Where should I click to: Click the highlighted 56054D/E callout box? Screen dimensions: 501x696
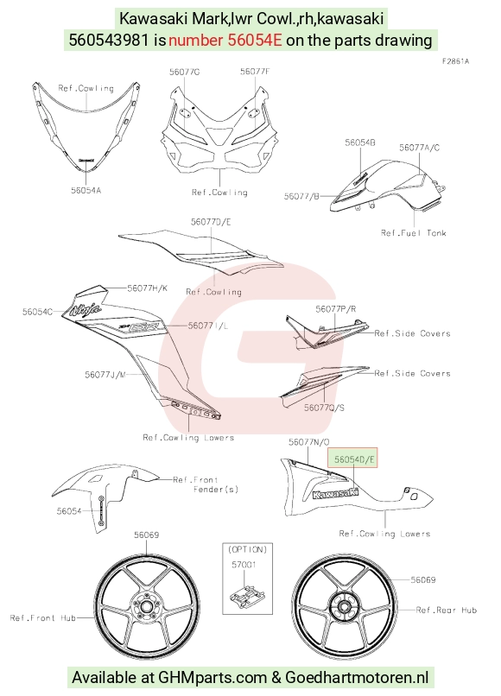[352, 458]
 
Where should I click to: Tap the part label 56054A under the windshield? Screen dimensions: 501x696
[86, 191]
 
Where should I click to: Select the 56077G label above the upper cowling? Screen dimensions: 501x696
[184, 72]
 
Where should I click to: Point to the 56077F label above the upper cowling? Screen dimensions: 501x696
[255, 72]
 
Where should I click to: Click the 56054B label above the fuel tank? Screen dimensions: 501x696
[359, 142]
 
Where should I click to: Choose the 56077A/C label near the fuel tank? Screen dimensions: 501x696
[419, 148]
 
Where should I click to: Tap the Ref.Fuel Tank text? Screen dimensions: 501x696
[414, 232]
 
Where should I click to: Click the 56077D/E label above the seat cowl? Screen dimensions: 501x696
[211, 222]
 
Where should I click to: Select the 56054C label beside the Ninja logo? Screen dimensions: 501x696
[37, 312]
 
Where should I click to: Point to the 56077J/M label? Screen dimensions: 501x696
[105, 375]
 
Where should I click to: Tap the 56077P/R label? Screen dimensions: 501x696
[336, 309]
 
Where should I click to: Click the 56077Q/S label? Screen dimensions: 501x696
[324, 408]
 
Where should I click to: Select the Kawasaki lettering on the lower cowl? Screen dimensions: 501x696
[335, 493]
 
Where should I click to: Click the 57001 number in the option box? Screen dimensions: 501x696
[244, 565]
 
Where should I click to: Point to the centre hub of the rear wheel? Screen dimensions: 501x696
[342, 606]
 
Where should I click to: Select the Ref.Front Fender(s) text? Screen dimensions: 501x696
[206, 484]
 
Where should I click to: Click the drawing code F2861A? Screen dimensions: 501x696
[455, 61]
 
